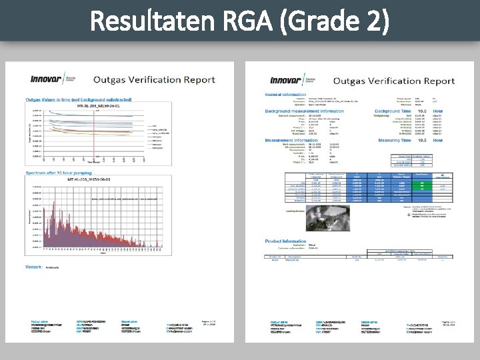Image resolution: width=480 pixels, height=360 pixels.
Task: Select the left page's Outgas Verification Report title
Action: click(x=154, y=80)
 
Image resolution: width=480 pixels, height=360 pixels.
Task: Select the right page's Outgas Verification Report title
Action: click(x=393, y=81)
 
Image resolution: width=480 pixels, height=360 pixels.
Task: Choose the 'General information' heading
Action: click(x=286, y=94)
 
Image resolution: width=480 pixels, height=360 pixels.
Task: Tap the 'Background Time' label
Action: click(x=398, y=111)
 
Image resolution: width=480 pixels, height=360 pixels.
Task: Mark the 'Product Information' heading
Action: click(x=286, y=241)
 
